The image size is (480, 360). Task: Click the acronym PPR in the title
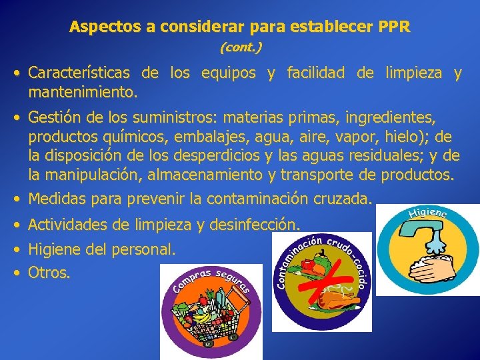point(395,27)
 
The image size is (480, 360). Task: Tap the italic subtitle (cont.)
point(240,47)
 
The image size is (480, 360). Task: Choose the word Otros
point(49,272)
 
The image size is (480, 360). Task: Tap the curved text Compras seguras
point(211,279)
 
